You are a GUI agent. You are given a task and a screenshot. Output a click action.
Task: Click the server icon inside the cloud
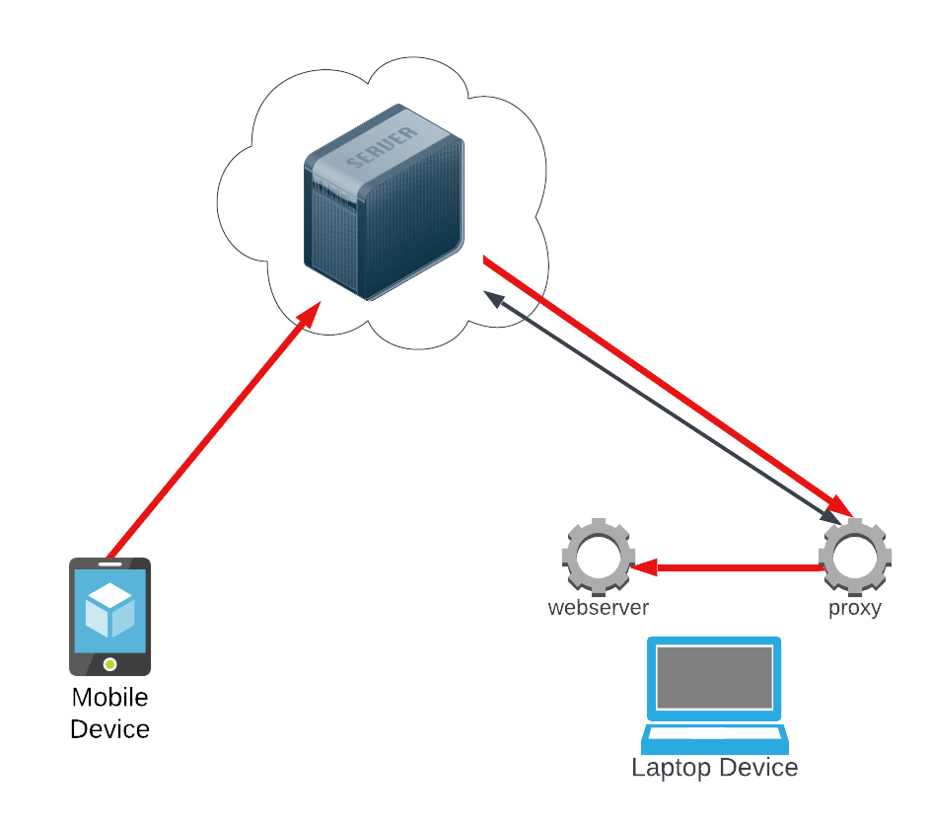click(383, 202)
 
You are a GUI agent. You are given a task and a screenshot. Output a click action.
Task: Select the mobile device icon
click(109, 616)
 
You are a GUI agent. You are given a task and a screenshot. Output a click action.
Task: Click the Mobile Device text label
click(109, 713)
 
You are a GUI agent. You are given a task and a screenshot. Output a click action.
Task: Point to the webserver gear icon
click(598, 555)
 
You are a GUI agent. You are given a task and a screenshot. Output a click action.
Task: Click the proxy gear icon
click(855, 555)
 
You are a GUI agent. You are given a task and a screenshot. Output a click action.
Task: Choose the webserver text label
click(598, 608)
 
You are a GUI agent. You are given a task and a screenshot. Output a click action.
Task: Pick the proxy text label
click(854, 608)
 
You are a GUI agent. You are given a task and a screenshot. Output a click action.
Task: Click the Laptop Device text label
click(714, 768)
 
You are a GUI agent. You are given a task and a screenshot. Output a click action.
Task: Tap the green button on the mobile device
click(109, 664)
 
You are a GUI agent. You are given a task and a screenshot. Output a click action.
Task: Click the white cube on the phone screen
click(109, 610)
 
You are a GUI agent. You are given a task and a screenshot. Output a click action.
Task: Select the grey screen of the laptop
click(714, 677)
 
